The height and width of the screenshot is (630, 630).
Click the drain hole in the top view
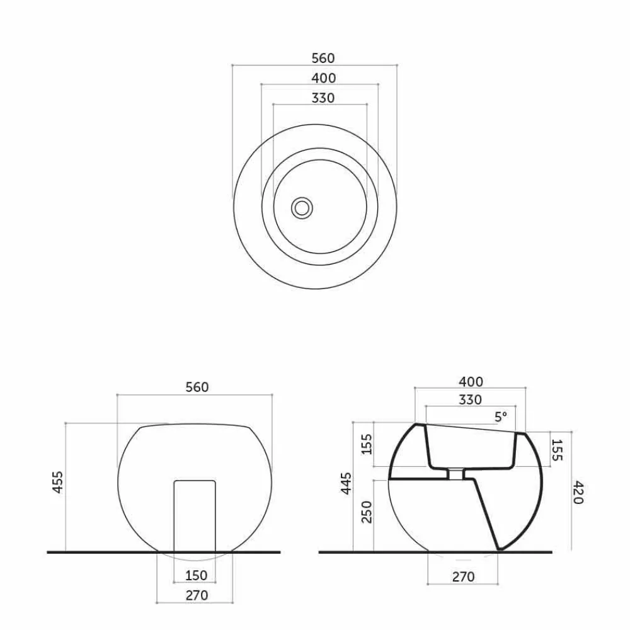click(x=301, y=208)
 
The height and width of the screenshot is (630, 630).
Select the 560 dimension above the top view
click(x=323, y=58)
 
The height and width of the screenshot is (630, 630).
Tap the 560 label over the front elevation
click(x=197, y=387)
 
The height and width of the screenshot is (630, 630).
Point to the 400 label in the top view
click(x=323, y=78)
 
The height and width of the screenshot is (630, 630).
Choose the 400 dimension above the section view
click(x=471, y=381)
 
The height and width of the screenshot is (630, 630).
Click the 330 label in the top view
click(x=323, y=98)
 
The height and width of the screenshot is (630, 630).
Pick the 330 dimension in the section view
click(x=470, y=400)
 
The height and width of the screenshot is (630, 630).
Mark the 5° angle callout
click(x=501, y=417)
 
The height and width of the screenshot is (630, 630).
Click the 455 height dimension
click(x=58, y=482)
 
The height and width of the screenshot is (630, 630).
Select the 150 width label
click(x=196, y=575)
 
